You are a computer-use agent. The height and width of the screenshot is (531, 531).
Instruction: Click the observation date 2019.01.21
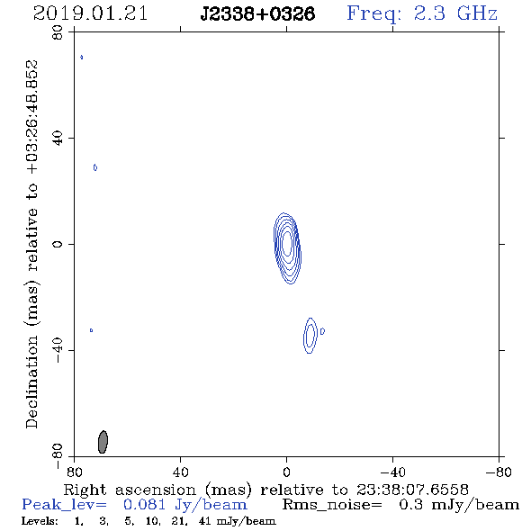90,13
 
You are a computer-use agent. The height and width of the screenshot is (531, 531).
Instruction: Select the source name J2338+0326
257,14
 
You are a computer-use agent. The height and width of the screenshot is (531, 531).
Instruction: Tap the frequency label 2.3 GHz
455,13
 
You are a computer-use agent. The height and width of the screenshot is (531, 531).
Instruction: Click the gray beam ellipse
103,442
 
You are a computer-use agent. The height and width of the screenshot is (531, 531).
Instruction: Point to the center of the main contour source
287,243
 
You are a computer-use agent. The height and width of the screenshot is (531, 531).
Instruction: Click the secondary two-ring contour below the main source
310,336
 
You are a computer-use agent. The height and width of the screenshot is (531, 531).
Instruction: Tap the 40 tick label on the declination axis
58,139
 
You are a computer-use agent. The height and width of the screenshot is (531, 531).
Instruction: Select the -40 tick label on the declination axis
58,350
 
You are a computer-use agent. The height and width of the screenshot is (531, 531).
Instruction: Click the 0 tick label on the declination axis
58,244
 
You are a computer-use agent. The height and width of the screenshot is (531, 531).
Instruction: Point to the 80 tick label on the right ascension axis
74,472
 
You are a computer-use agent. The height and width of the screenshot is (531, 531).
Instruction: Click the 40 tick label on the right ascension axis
180,472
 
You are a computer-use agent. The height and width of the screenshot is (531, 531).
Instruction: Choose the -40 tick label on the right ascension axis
392,472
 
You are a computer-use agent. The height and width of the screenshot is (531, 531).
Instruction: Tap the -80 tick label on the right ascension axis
499,472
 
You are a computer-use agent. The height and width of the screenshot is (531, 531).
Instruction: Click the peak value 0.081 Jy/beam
185,505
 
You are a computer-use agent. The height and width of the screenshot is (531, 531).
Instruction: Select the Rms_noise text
332,505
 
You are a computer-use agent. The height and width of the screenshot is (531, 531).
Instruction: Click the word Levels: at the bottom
40,521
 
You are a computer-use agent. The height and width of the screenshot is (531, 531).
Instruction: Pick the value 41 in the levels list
204,521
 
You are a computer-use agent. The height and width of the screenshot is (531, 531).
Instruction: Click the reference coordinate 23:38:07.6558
412,490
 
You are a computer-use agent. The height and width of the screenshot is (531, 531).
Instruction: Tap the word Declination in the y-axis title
31,382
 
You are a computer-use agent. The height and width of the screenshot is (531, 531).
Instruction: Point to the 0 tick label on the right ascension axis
286,472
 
